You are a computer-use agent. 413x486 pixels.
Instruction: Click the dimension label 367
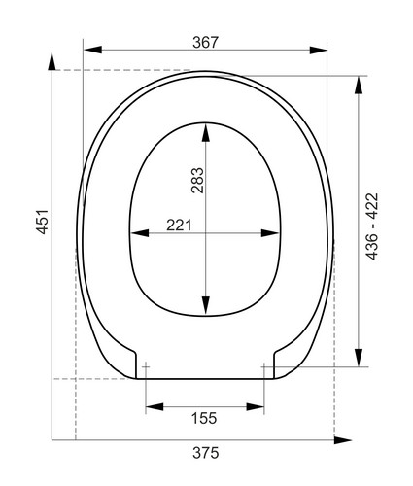click(x=206, y=43)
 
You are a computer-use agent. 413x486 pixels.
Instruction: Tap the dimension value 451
click(x=43, y=222)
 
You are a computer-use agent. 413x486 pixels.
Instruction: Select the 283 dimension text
click(x=197, y=181)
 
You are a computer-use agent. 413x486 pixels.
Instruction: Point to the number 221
click(x=179, y=226)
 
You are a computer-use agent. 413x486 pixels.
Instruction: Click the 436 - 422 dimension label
click(x=372, y=226)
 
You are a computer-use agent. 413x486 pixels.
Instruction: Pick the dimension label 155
click(x=204, y=418)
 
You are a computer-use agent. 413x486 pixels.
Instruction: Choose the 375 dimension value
click(x=206, y=453)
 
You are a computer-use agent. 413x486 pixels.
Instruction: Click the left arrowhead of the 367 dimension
click(x=92, y=50)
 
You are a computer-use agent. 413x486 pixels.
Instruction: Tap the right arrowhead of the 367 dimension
click(x=318, y=51)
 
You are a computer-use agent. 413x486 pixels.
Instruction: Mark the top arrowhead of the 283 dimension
click(x=205, y=132)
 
